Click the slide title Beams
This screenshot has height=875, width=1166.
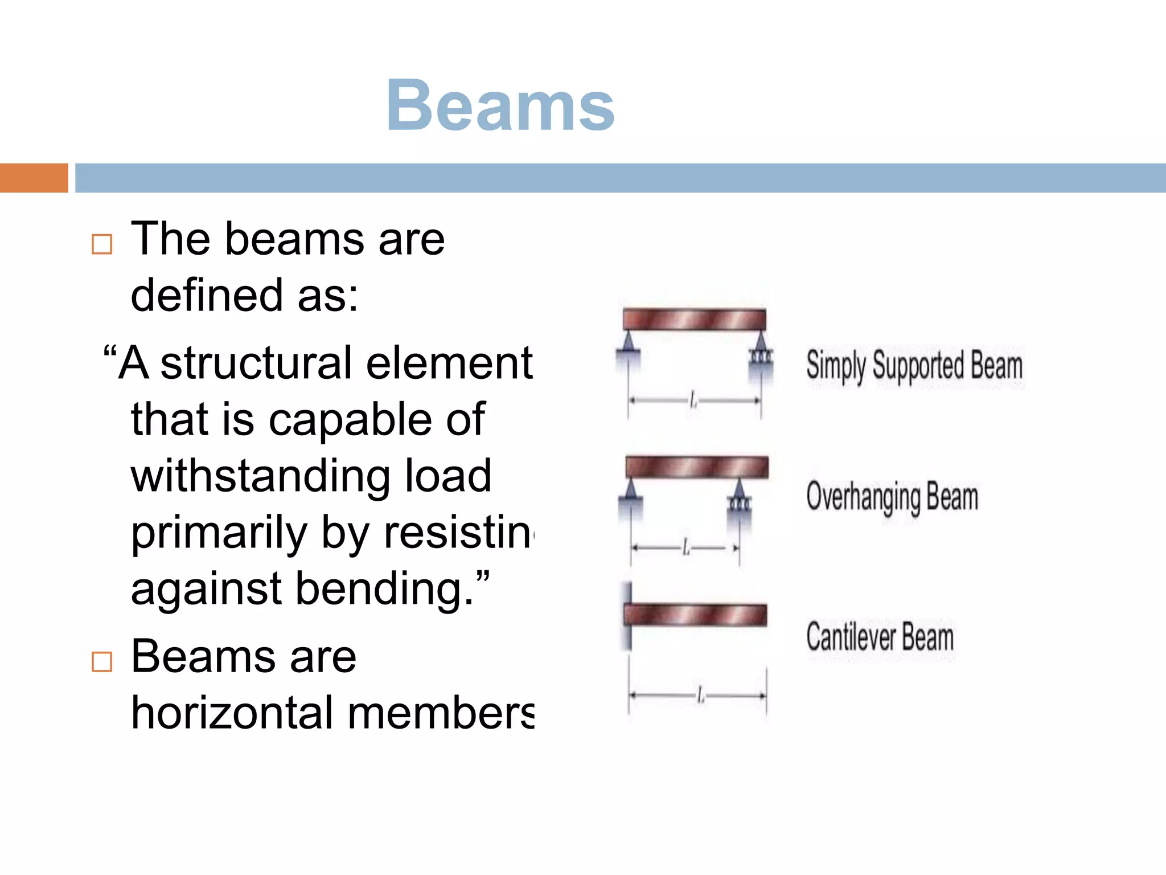click(500, 106)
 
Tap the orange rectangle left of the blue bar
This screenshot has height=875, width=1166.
click(34, 178)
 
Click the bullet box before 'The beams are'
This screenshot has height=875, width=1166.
click(102, 244)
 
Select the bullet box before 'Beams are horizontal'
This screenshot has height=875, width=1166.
click(102, 661)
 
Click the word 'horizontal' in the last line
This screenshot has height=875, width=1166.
click(232, 713)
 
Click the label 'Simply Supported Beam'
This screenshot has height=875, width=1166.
click(914, 365)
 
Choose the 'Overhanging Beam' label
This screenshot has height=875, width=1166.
click(892, 497)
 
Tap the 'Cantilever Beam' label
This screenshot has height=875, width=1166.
click(880, 637)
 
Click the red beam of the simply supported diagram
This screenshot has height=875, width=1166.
click(694, 320)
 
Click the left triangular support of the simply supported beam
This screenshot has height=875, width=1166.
click(628, 345)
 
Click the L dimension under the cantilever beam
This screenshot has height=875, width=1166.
click(700, 696)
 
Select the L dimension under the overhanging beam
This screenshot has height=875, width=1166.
click(685, 548)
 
